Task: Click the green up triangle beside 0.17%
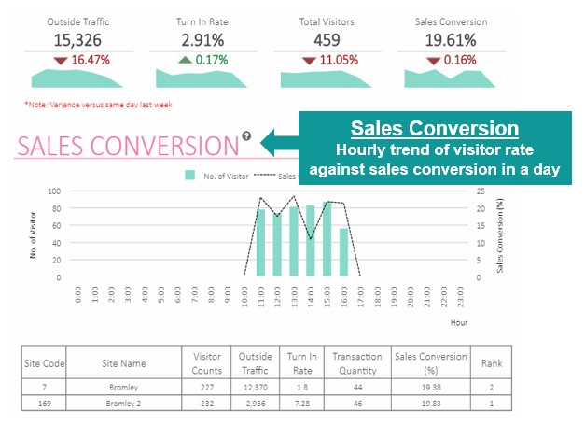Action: pos(185,60)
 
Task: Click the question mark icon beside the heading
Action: pos(246,136)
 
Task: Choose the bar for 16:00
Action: pos(343,252)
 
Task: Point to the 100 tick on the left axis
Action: pos(54,191)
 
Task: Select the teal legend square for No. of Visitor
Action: pos(190,175)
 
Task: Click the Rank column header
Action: pos(492,363)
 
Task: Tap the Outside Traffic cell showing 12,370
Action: pos(256,386)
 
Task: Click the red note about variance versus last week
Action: pos(98,105)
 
